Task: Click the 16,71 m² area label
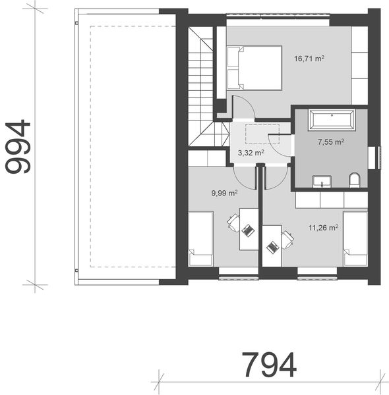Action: tap(309, 59)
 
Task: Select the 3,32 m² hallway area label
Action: tap(251, 153)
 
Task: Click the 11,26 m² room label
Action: tap(323, 228)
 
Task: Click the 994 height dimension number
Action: tap(18, 147)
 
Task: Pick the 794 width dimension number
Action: tap(268, 364)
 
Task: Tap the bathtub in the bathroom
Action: tap(332, 120)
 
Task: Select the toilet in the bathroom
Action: tap(354, 180)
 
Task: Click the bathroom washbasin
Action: tap(325, 181)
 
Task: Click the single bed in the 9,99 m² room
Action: tap(200, 238)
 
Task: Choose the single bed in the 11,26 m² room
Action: tap(355, 238)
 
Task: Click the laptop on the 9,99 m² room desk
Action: tap(248, 230)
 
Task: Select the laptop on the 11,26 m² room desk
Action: tap(272, 247)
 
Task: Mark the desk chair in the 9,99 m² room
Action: tap(233, 222)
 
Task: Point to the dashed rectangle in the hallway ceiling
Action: tap(259, 134)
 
